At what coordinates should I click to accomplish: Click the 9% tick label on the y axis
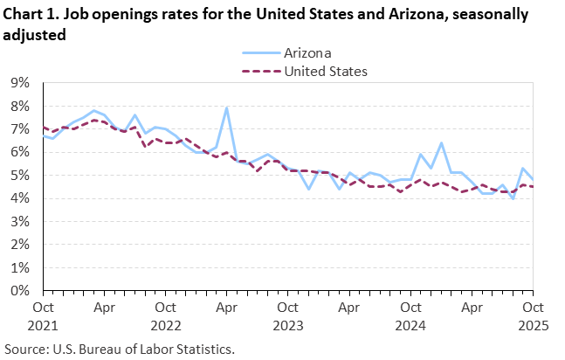click(20, 83)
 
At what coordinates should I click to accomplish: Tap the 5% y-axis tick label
click(20, 176)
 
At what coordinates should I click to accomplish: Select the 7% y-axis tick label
click(20, 129)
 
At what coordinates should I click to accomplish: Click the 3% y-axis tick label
click(20, 222)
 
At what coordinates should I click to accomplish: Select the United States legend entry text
click(326, 71)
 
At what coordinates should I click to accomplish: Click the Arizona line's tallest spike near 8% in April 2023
click(226, 107)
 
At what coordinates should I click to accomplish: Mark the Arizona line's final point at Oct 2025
click(532, 179)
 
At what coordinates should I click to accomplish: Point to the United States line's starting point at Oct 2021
click(44, 128)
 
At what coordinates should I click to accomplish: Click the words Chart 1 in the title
click(29, 15)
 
